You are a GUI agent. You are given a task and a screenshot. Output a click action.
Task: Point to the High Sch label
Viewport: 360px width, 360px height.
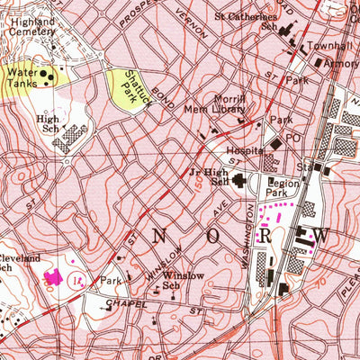(x=47, y=123)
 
